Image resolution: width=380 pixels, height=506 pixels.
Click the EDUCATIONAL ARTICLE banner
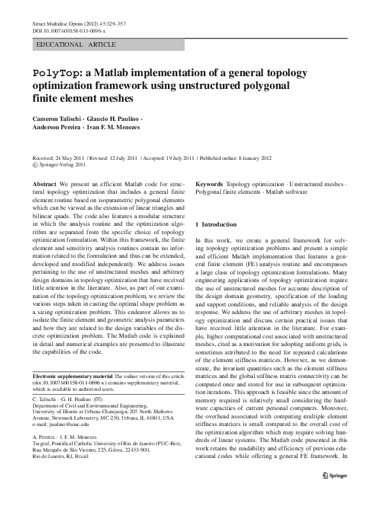click(x=77, y=45)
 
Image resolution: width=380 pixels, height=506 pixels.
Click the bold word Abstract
click(x=44, y=184)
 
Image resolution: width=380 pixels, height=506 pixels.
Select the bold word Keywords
click(x=209, y=184)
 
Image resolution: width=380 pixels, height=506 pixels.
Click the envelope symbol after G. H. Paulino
click(x=97, y=399)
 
